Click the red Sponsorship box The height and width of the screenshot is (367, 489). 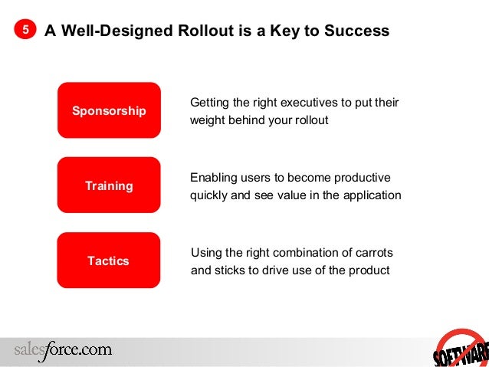[x=109, y=110]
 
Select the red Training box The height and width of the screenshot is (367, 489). [x=109, y=185]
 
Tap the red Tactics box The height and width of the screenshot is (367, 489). [x=109, y=261]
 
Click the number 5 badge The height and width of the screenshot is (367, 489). [x=25, y=31]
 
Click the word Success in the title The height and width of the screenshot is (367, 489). [x=359, y=31]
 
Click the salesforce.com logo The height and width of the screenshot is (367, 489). [x=63, y=349]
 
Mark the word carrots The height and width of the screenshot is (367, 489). [x=374, y=252]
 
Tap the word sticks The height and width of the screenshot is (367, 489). [x=229, y=270]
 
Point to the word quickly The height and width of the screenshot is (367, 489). [x=209, y=195]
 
